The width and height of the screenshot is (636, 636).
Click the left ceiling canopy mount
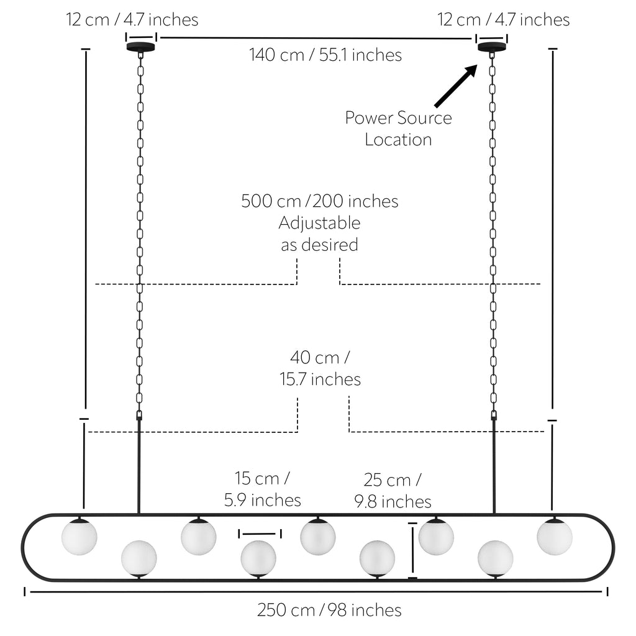(141, 47)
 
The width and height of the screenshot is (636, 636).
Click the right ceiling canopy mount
(492, 47)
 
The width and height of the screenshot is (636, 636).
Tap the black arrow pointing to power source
(456, 86)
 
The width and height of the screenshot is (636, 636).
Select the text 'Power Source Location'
(398, 129)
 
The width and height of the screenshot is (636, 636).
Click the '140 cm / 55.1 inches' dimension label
(325, 55)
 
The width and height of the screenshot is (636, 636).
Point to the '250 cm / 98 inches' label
(329, 610)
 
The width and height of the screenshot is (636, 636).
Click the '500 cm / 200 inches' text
(320, 201)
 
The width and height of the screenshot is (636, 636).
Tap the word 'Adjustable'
(320, 224)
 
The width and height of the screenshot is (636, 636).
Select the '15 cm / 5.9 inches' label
(263, 489)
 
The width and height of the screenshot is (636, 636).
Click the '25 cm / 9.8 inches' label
(393, 491)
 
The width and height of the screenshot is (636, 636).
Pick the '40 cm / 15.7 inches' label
(320, 368)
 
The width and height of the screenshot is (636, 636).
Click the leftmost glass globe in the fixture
(79, 537)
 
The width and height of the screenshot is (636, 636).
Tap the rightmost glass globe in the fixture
(555, 537)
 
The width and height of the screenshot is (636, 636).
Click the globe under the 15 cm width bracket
(258, 558)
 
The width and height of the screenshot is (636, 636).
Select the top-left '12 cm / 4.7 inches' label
(132, 20)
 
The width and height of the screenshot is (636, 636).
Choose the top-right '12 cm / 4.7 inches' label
(503, 20)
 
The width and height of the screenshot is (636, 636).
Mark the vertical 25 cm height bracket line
(412, 551)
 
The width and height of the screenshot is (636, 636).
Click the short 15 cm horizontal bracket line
(260, 534)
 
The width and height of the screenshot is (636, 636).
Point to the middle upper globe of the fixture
(318, 537)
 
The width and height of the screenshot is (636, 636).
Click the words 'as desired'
(320, 245)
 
